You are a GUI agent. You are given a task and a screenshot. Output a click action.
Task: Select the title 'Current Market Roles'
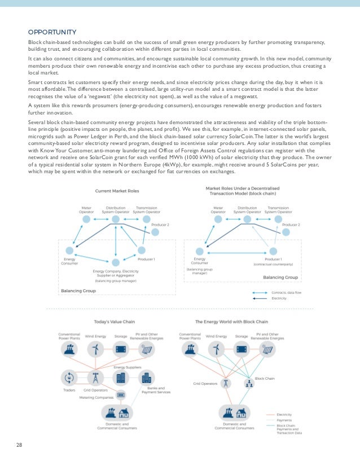click(x=117, y=191)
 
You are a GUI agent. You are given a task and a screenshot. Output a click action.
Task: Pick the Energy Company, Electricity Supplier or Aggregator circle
click(x=116, y=263)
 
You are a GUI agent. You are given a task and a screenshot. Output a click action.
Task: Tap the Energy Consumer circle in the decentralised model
click(x=199, y=251)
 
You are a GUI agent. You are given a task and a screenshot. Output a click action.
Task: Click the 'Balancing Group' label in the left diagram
click(x=78, y=291)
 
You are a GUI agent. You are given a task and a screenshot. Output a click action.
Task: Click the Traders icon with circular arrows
click(x=69, y=377)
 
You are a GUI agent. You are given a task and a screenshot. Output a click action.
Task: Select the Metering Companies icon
click(x=120, y=394)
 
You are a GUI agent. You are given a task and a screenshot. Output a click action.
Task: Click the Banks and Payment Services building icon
click(x=146, y=377)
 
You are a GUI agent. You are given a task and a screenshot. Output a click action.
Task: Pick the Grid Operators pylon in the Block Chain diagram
click(x=225, y=384)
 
